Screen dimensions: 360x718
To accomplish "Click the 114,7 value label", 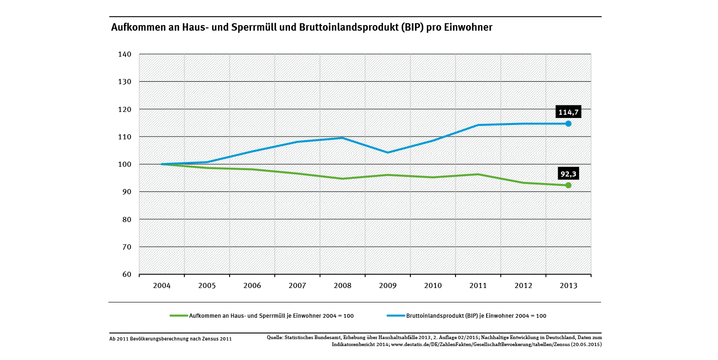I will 568,112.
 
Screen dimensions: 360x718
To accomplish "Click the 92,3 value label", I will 568,175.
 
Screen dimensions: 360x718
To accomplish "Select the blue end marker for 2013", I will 568,124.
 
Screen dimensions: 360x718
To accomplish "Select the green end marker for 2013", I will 568,185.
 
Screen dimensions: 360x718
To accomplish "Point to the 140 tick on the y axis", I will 125,54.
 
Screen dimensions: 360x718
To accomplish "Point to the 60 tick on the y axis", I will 127,275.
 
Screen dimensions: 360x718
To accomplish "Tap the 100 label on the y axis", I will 125,164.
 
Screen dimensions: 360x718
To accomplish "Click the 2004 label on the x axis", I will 162,286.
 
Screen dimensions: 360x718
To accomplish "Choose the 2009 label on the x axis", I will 388,286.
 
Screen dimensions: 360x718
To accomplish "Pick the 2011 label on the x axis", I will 478,286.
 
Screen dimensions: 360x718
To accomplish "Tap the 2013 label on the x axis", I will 568,286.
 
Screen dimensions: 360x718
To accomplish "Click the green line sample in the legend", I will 178,316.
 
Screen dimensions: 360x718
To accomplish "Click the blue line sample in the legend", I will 395,316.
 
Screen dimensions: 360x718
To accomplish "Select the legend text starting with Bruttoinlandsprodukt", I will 476,316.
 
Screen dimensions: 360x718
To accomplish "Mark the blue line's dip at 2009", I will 388,152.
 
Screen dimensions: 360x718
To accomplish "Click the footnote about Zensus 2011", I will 171,339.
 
